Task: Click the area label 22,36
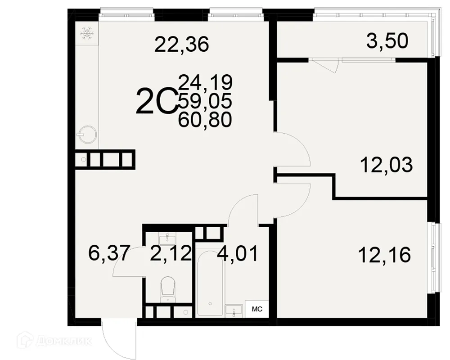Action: point(182,45)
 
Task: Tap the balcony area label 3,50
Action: point(387,41)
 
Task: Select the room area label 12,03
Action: point(386,165)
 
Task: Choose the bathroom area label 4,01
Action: point(237,254)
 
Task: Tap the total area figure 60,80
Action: point(205,119)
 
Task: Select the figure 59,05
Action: point(205,101)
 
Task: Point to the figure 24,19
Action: point(205,82)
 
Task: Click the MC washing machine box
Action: point(256,309)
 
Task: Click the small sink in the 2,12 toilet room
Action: point(167,238)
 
